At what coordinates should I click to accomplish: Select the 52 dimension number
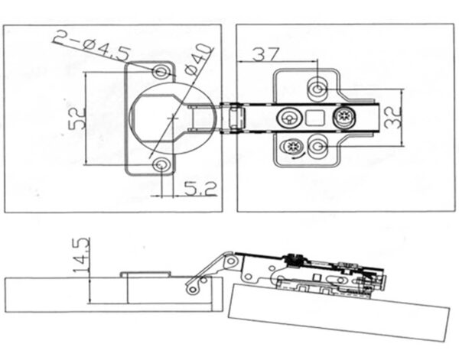tap(74, 119)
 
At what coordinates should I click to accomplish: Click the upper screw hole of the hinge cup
tap(161, 72)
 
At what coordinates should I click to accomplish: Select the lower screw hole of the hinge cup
tap(161, 164)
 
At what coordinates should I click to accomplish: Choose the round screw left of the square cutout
tap(289, 118)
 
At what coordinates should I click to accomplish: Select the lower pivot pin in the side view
tap(194, 287)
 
